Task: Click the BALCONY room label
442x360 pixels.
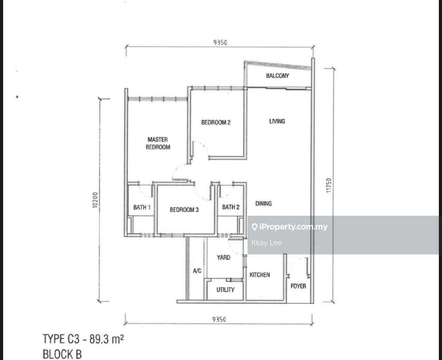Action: (x=277, y=76)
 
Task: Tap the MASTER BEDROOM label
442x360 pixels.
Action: (x=158, y=143)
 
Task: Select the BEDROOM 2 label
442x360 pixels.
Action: (x=216, y=122)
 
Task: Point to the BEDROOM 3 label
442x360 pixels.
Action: (x=184, y=210)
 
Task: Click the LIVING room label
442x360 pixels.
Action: (x=277, y=121)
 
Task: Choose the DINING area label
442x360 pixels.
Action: (x=263, y=203)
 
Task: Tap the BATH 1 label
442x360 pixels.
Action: (x=142, y=207)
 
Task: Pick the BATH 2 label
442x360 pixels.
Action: (x=231, y=207)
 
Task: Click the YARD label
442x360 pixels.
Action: (x=223, y=257)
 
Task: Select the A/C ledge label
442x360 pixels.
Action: (x=197, y=271)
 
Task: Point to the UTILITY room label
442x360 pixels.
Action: (x=225, y=290)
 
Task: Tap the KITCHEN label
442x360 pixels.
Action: (x=260, y=275)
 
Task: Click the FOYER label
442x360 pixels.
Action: (x=298, y=286)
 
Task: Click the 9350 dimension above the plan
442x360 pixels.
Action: (x=220, y=42)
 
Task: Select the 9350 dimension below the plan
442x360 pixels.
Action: (x=219, y=319)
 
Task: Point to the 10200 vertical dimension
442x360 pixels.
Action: (x=95, y=200)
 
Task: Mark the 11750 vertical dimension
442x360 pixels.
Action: (x=329, y=185)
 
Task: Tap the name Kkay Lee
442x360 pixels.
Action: (x=267, y=243)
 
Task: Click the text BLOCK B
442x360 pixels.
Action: (x=62, y=354)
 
